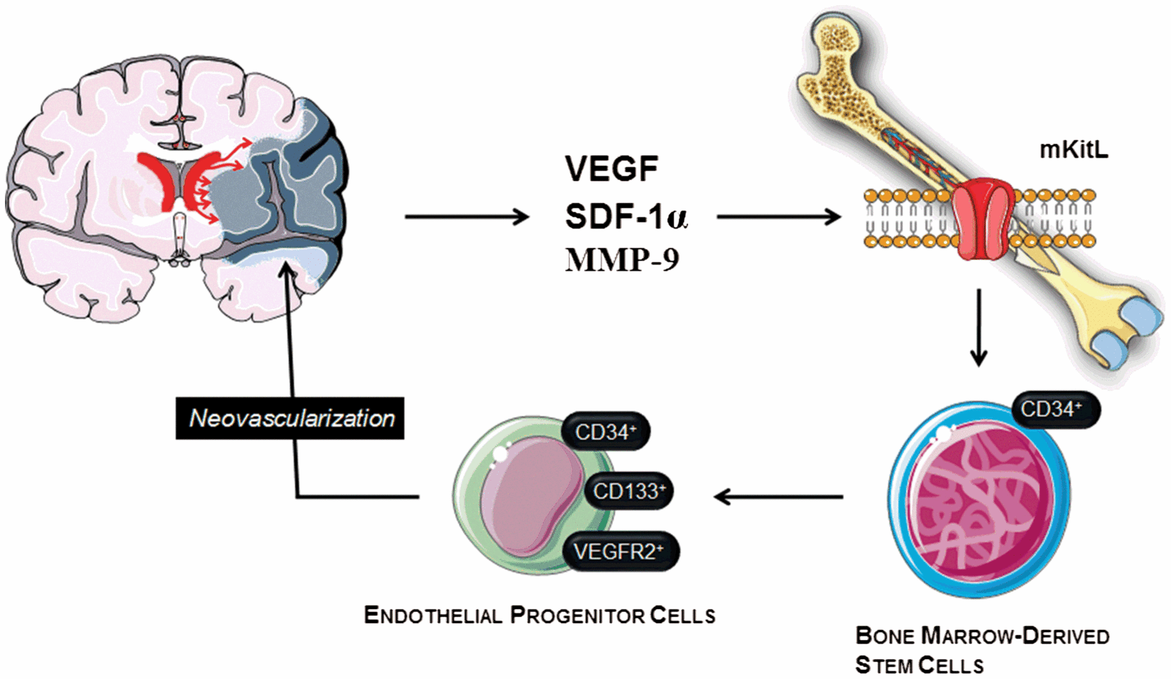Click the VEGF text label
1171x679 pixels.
611,169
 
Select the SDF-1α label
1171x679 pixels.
626,217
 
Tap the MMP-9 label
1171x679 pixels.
621,260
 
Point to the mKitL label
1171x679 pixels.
1073,150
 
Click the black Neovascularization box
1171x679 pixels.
290,419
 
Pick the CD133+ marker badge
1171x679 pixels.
629,491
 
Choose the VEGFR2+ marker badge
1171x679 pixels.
620,551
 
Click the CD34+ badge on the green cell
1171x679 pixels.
605,432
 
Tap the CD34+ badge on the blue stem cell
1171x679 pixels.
1055,409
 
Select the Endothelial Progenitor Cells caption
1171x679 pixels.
539,615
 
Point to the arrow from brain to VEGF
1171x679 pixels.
466,217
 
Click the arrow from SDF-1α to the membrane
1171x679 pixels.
778,217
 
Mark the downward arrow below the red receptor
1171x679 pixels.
978,328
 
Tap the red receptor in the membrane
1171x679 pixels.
982,218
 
